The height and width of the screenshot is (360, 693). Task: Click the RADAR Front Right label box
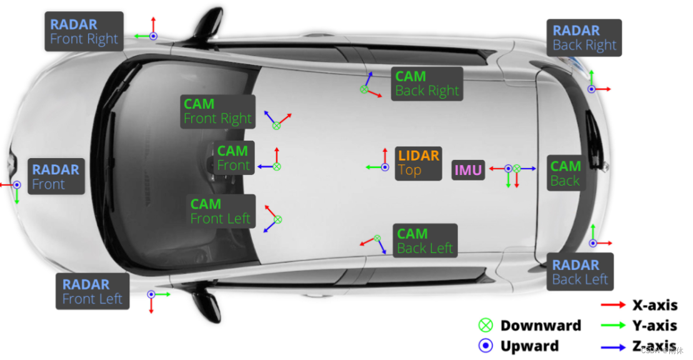pyautogui.click(x=84, y=32)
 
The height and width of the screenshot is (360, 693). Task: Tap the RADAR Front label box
pyautogui.click(x=56, y=177)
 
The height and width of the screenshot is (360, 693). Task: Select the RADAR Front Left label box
pyautogui.click(x=92, y=291)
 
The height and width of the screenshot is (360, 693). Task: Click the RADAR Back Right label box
pyautogui.click(x=584, y=37)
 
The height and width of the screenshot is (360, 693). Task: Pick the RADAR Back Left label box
pyautogui.click(x=580, y=272)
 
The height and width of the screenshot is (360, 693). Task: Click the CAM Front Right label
pyautogui.click(x=217, y=112)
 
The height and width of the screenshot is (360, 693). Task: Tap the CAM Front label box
pyautogui.click(x=234, y=158)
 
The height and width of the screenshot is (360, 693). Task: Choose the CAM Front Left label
pyautogui.click(x=221, y=211)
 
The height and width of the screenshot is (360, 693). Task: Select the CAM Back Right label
pyautogui.click(x=427, y=84)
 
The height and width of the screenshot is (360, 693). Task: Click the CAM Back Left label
pyautogui.click(x=425, y=241)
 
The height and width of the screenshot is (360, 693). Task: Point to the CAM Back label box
pyautogui.click(x=565, y=173)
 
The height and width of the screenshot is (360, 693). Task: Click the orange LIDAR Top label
pyautogui.click(x=419, y=163)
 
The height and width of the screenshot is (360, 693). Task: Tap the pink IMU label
pyautogui.click(x=468, y=170)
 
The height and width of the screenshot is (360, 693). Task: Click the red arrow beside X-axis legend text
pyautogui.click(x=613, y=305)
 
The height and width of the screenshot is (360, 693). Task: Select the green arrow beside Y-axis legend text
pyautogui.click(x=613, y=325)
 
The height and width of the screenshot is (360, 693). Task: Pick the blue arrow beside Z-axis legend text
pyautogui.click(x=613, y=345)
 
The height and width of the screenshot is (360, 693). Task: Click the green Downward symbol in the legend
pyautogui.click(x=486, y=326)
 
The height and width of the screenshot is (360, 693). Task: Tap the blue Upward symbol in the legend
pyautogui.click(x=486, y=346)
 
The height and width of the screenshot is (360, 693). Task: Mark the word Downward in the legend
pyautogui.click(x=541, y=326)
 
